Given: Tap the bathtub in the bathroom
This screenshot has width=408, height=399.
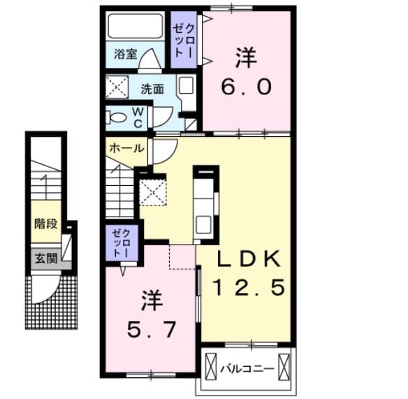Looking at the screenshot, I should click(136, 28).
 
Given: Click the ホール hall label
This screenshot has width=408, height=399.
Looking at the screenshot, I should click(126, 148).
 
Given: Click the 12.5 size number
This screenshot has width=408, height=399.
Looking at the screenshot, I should click(249, 287).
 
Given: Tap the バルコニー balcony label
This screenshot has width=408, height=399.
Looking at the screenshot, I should click(247, 366).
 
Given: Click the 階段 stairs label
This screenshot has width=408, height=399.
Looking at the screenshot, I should click(46, 225).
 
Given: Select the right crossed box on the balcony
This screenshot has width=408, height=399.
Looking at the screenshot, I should click(284, 367).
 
